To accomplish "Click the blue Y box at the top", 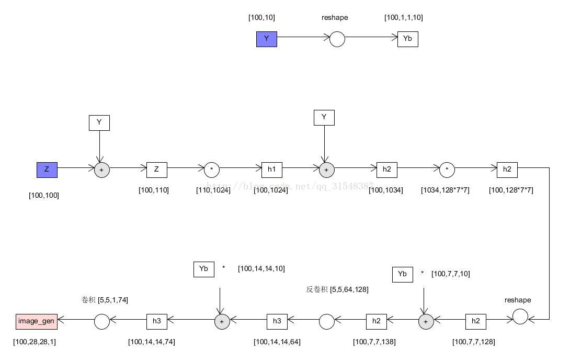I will point(266,39).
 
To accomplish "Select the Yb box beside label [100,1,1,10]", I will point(407,39).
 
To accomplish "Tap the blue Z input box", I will point(47,170).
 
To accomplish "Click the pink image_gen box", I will point(36,321).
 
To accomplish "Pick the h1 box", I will point(271,170).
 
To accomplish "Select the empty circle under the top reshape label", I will point(337,39).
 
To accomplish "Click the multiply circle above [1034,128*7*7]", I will point(447,170).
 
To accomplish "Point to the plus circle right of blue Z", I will point(101,170).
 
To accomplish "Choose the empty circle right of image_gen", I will point(101,322).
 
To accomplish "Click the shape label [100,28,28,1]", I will point(35,342).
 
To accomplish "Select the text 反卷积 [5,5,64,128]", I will point(337,289).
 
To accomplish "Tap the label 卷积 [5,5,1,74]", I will point(105,300).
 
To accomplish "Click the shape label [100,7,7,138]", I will point(374,342).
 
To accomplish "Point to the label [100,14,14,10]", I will point(261,268).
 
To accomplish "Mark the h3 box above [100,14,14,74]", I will point(156,321).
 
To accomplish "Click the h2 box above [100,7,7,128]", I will point(475,321).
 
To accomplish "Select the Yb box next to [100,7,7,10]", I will point(402,274).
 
